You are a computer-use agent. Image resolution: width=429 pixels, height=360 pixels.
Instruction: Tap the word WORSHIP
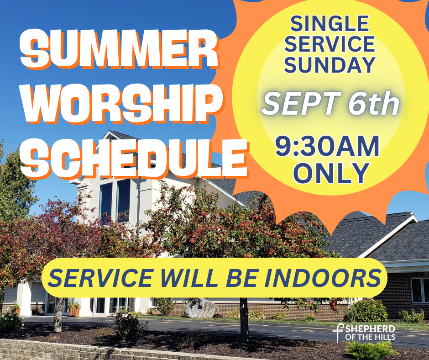click(x=123, y=104)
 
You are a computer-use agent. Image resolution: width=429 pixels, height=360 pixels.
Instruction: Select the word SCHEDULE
click(x=135, y=159)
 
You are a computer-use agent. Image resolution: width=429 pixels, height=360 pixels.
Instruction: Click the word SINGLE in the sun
click(x=330, y=24)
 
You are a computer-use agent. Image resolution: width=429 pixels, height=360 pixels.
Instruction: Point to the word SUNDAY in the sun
click(x=330, y=65)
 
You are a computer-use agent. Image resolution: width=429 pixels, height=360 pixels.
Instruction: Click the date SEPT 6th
click(x=330, y=104)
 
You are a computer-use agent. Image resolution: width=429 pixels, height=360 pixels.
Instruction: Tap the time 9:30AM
click(x=327, y=146)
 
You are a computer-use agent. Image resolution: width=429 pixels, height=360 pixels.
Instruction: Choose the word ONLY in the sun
click(x=331, y=173)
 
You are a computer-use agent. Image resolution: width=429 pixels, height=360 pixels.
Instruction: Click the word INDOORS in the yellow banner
click(x=322, y=277)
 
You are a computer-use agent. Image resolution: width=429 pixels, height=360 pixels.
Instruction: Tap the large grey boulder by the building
click(x=201, y=308)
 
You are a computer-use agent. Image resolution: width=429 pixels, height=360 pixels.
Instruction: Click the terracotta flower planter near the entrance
click(x=74, y=312)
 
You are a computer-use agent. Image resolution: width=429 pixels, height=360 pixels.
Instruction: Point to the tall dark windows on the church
click(x=115, y=200)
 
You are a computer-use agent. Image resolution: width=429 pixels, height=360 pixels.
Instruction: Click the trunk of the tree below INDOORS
click(x=244, y=319)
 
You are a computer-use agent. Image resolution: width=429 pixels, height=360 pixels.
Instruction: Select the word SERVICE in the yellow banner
click(x=101, y=277)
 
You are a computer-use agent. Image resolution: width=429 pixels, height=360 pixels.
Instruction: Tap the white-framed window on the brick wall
click(x=420, y=290)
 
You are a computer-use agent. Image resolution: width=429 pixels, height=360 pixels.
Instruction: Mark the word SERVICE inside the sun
click(x=330, y=44)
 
